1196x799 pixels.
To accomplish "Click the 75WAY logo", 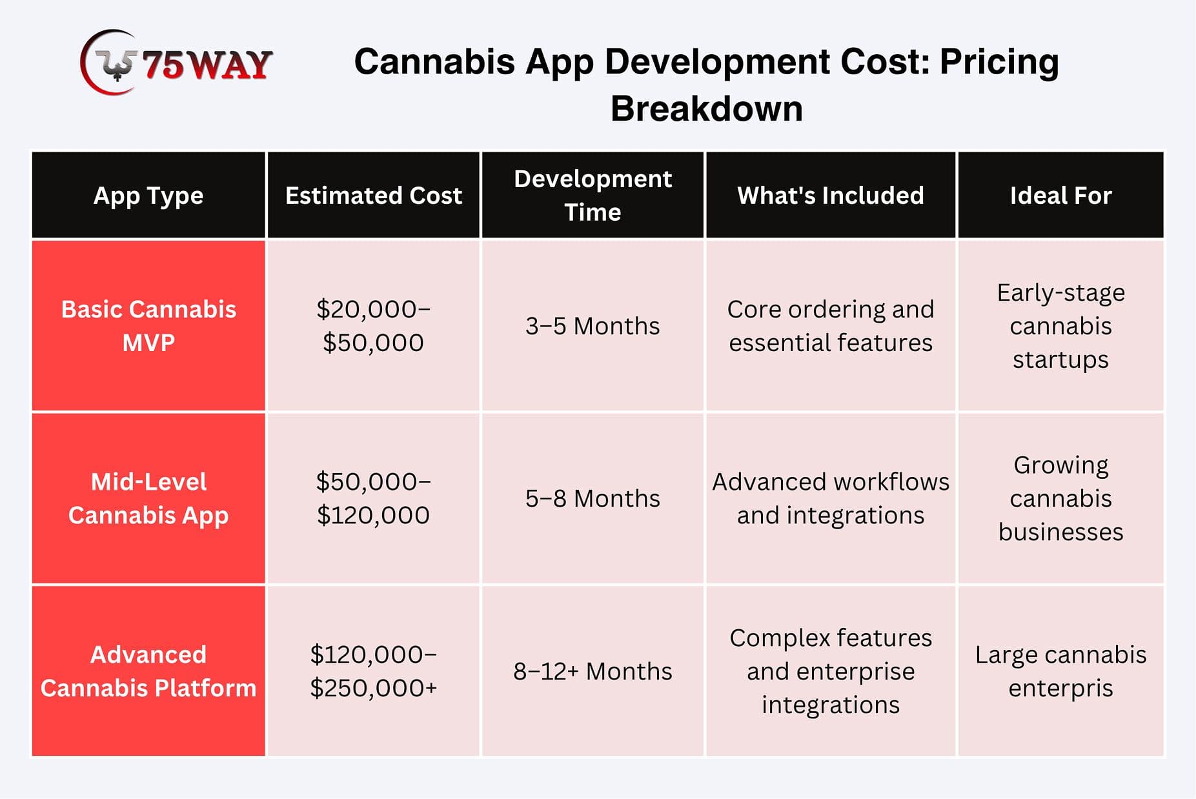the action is (176, 63).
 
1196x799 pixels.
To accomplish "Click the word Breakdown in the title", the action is (707, 108).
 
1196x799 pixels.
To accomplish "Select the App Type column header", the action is (148, 196).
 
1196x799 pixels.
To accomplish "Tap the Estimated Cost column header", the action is (374, 196).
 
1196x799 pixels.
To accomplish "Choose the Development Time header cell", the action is (593, 196).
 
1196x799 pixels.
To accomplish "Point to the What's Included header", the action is (831, 196).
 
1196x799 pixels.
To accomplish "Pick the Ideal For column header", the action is (1061, 196).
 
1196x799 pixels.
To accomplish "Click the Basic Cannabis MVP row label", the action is (148, 326).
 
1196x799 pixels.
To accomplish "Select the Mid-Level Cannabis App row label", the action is (148, 498).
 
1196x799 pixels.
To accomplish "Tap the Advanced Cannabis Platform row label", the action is (148, 671).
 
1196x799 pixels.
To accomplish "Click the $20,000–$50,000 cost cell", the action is (374, 326).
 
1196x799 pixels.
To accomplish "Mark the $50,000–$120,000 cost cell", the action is (374, 498).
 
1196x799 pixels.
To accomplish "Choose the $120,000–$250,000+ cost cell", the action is (374, 671).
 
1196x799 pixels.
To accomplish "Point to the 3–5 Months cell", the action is (593, 326).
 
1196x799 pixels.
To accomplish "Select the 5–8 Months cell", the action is (593, 498).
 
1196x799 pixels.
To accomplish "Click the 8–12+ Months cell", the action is (593, 671).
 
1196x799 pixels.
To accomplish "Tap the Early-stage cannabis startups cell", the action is (1061, 326).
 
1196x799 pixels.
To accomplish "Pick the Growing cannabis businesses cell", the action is (1061, 498).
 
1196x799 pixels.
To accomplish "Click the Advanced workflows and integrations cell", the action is (831, 498).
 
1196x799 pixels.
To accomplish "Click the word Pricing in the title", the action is (999, 63).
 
